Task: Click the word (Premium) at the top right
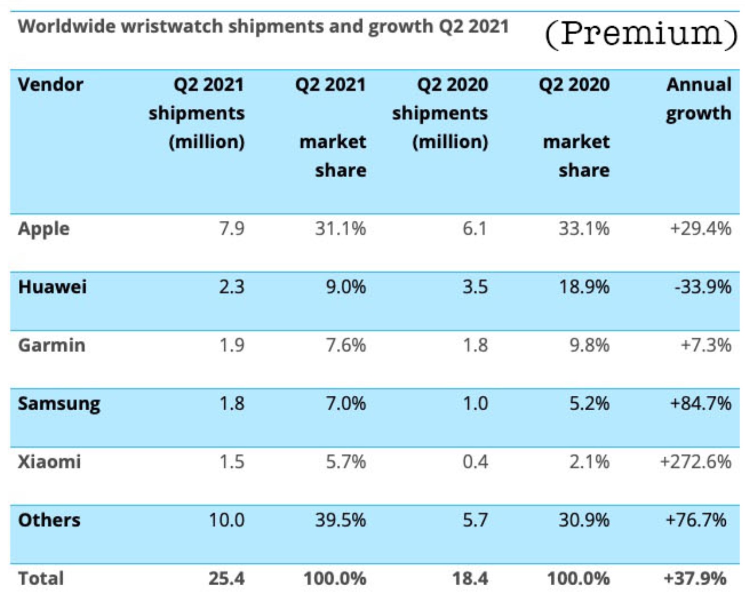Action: (641, 34)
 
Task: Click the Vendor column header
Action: (51, 85)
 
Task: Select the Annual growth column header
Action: (698, 99)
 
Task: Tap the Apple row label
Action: (44, 229)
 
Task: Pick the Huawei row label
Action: (52, 287)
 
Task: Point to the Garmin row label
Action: (52, 346)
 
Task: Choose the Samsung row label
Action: (59, 404)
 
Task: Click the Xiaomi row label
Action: (49, 462)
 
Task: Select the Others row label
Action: (49, 520)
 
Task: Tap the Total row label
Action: (41, 578)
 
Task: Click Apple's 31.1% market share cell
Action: (340, 229)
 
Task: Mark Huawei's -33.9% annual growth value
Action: (702, 287)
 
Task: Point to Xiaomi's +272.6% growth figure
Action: (695, 462)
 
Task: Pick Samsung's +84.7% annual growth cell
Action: (700, 404)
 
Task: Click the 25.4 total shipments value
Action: (226, 578)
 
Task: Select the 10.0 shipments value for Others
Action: (226, 520)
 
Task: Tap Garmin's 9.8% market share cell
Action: (589, 346)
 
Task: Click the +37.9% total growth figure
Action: (695, 578)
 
